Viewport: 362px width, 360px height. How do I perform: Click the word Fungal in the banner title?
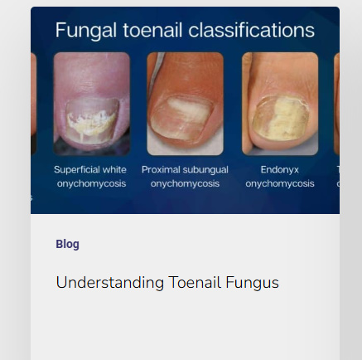click(85, 31)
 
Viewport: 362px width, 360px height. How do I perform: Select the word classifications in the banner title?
click(252, 30)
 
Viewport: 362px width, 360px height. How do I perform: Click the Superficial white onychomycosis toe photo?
click(91, 104)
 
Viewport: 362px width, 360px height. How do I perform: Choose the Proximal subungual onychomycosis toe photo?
click(185, 104)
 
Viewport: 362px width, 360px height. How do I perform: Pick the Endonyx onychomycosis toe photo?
click(280, 104)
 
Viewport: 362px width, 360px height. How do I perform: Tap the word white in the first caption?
click(114, 169)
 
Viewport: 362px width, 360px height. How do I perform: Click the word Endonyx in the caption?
click(280, 170)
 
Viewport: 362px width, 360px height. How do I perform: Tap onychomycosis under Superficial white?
click(91, 184)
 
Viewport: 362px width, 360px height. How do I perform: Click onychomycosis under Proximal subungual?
click(185, 184)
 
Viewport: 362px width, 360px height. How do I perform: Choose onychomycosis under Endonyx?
click(280, 184)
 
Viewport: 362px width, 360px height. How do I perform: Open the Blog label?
click(67, 244)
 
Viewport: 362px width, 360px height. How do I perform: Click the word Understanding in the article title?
click(110, 283)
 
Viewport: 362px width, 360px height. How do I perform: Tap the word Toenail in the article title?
click(195, 282)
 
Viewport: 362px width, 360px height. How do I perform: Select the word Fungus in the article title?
click(252, 283)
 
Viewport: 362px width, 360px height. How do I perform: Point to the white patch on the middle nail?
click(188, 110)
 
